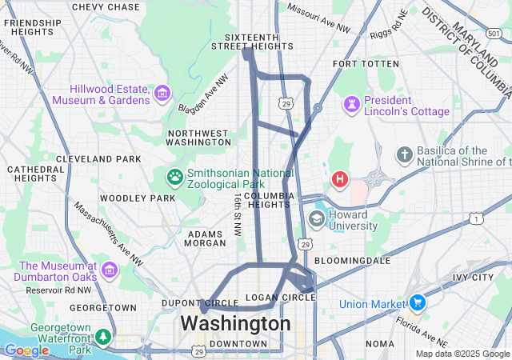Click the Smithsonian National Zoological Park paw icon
pyautogui.click(x=174, y=176)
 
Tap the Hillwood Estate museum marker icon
pyautogui.click(x=162, y=94)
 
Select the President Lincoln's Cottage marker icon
pyautogui.click(x=351, y=105)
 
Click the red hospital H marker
pyautogui.click(x=340, y=178)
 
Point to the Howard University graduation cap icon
pyautogui.click(x=317, y=219)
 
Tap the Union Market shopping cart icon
pyautogui.click(x=417, y=303)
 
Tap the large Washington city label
pyautogui.click(x=235, y=323)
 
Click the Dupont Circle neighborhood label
pyautogui.click(x=200, y=304)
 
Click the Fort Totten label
pyautogui.click(x=366, y=63)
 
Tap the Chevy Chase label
pyautogui.click(x=106, y=7)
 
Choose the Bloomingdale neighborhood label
pyautogui.click(x=352, y=261)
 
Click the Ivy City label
pyautogui.click(x=472, y=278)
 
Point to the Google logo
pyautogui.click(x=26, y=350)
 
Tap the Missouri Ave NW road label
pyautogui.click(x=318, y=20)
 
